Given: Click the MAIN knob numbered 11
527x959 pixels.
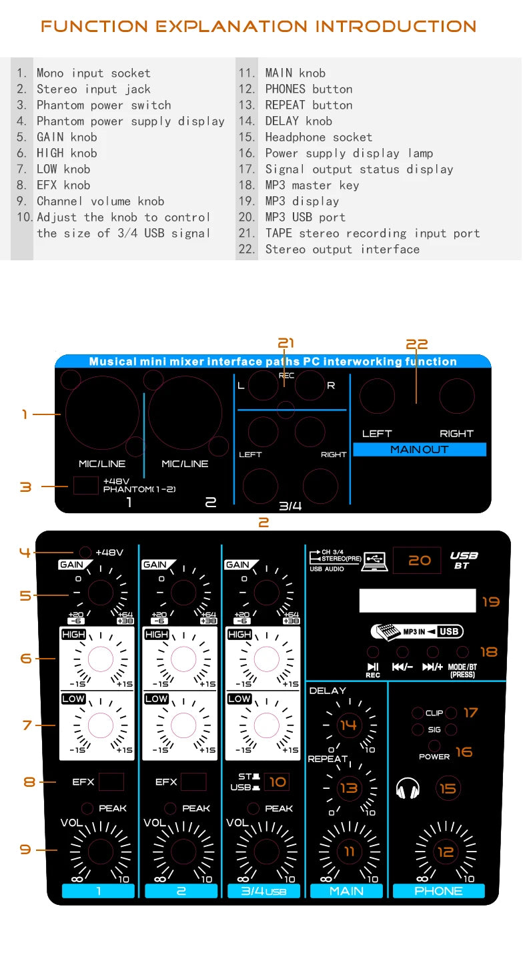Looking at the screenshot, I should (x=349, y=852).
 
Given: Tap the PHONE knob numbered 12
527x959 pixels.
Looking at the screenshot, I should (x=445, y=852).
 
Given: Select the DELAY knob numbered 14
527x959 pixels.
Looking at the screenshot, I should (x=348, y=725).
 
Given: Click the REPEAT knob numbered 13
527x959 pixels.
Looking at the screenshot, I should (x=348, y=788).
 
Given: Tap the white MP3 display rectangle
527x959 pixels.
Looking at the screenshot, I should (x=417, y=601).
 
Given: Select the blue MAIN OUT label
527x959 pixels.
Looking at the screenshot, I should (x=420, y=450).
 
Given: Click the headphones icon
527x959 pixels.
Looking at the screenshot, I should (x=408, y=789).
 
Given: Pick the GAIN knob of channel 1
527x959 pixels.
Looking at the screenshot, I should (x=100, y=592).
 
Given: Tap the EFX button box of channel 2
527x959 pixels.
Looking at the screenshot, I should (x=193, y=781).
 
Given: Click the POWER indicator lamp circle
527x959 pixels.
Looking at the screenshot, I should (x=434, y=745).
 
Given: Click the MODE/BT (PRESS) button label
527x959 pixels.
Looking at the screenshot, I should (x=463, y=670).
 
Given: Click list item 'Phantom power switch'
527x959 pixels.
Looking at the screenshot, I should (x=103, y=105).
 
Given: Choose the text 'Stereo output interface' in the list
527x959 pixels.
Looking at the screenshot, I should (x=342, y=249).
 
